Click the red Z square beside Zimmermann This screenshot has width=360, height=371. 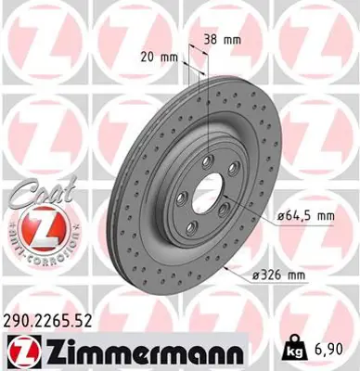click(x=21, y=353)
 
